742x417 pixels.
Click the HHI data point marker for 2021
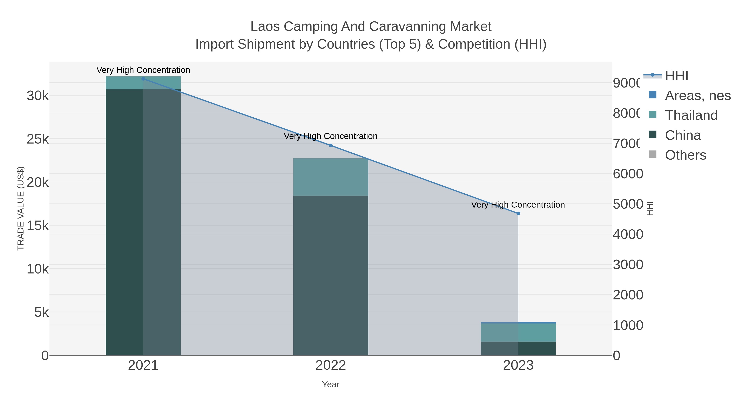coord(143,79)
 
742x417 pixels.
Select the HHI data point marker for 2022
coord(331,145)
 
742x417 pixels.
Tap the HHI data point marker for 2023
coord(518,213)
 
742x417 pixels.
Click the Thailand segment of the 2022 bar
coord(331,177)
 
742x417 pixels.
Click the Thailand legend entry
coord(691,115)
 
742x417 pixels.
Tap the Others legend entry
coord(685,155)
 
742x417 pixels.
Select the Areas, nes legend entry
coord(697,95)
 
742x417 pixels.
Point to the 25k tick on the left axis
coord(38,139)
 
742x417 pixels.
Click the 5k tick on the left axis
coord(41,312)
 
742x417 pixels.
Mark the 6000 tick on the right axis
coord(628,174)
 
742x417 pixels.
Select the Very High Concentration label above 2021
coord(143,70)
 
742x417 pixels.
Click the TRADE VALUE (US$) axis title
coord(21,208)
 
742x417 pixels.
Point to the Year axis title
coord(331,384)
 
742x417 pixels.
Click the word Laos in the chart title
coord(265,27)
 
